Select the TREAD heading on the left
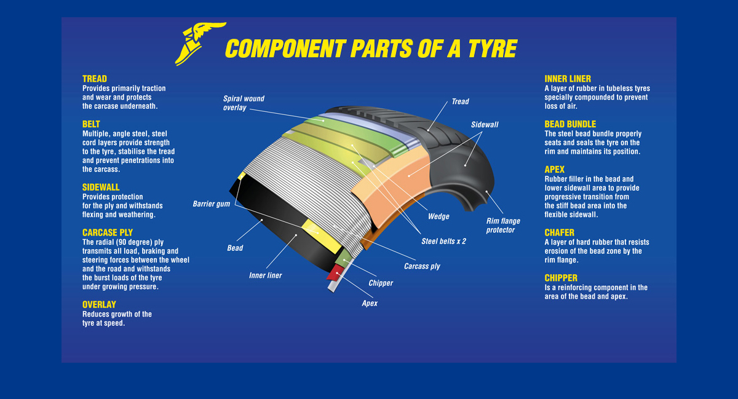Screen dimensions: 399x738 (x=95, y=79)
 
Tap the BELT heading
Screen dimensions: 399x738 (x=91, y=124)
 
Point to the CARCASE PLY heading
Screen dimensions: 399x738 (x=108, y=232)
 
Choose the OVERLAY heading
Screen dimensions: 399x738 (x=99, y=304)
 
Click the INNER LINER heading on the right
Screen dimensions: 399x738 (x=568, y=79)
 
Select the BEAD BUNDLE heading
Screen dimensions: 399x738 (x=570, y=124)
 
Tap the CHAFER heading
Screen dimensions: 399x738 (x=560, y=232)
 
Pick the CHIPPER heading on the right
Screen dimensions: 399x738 (x=561, y=278)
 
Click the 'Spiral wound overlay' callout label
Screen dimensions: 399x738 (x=244, y=103)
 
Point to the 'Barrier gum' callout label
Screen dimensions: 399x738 (x=211, y=203)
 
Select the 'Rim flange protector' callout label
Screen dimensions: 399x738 (x=502, y=226)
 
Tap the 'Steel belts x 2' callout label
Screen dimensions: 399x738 (x=443, y=241)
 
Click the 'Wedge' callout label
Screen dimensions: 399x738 (x=438, y=216)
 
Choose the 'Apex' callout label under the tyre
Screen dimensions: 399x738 (x=370, y=303)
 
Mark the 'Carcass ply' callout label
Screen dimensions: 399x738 (x=422, y=266)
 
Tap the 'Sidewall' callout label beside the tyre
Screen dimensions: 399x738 (x=485, y=124)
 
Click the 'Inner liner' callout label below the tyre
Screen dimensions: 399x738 (x=265, y=275)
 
